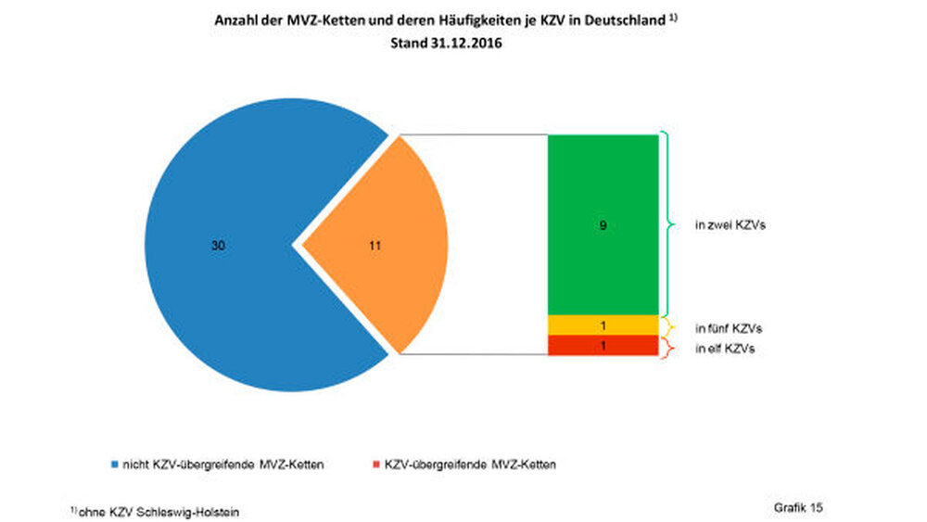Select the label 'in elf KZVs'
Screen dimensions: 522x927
(726, 349)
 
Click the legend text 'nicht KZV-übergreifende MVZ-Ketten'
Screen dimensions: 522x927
(223, 464)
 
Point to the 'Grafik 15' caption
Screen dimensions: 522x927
(798, 507)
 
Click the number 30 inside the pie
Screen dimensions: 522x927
(219, 246)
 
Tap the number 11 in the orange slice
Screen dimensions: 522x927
(374, 246)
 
